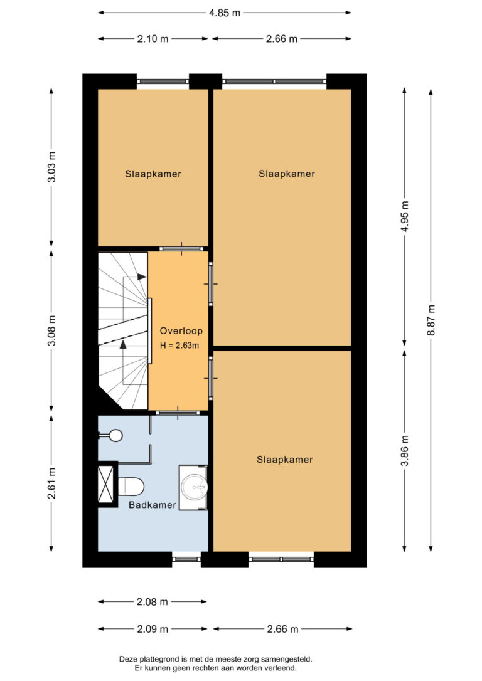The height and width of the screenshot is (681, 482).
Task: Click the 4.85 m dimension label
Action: pyautogui.click(x=224, y=13)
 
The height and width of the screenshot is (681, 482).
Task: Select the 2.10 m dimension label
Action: pyautogui.click(x=153, y=39)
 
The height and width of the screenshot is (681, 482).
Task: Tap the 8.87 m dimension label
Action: pyautogui.click(x=431, y=320)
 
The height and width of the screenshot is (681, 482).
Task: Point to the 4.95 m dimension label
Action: pyautogui.click(x=405, y=216)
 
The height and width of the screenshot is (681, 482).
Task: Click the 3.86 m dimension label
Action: pyautogui.click(x=405, y=450)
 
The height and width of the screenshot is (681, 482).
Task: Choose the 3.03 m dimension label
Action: pyautogui.click(x=51, y=167)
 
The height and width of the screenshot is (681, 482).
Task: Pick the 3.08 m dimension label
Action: pyautogui.click(x=51, y=330)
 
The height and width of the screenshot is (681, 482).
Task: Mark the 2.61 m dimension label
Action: pyautogui.click(x=51, y=483)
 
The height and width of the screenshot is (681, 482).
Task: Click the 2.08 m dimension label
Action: pyautogui.click(x=152, y=602)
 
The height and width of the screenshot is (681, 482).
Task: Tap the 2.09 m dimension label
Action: pyautogui.click(x=153, y=629)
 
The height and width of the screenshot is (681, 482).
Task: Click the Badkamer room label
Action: pyautogui.click(x=153, y=505)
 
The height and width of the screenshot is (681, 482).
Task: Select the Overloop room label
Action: pyautogui.click(x=181, y=331)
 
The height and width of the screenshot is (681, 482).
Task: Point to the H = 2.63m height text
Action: pyautogui.click(x=179, y=346)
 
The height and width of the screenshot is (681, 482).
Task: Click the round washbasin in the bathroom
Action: pyautogui.click(x=195, y=487)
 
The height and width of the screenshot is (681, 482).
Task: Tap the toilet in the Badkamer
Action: pyautogui.click(x=131, y=487)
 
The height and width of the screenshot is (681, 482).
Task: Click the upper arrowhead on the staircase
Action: pyautogui.click(x=142, y=277)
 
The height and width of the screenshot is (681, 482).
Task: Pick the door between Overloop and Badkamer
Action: pyautogui.click(x=178, y=413)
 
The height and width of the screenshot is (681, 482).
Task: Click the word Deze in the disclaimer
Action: pyautogui.click(x=128, y=660)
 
